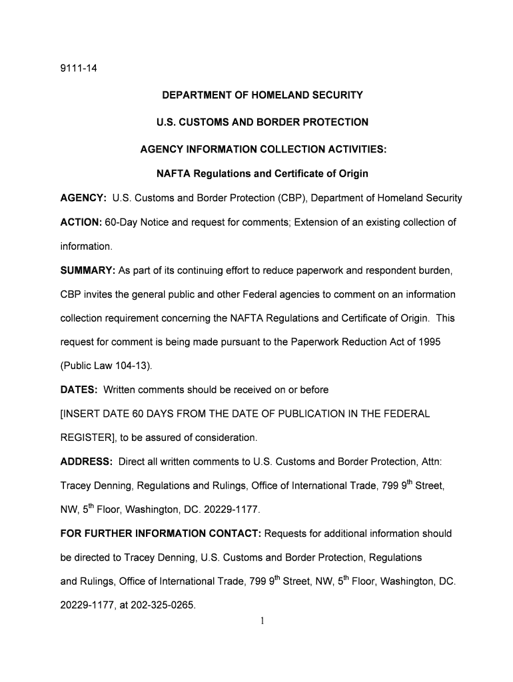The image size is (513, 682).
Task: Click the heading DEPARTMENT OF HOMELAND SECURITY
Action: point(262,95)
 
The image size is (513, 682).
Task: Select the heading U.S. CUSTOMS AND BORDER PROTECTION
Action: point(262,122)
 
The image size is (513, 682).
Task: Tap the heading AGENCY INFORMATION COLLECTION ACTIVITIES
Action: point(262,149)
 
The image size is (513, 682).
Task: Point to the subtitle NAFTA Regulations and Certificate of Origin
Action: point(262,174)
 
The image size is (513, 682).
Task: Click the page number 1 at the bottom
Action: point(262,621)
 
